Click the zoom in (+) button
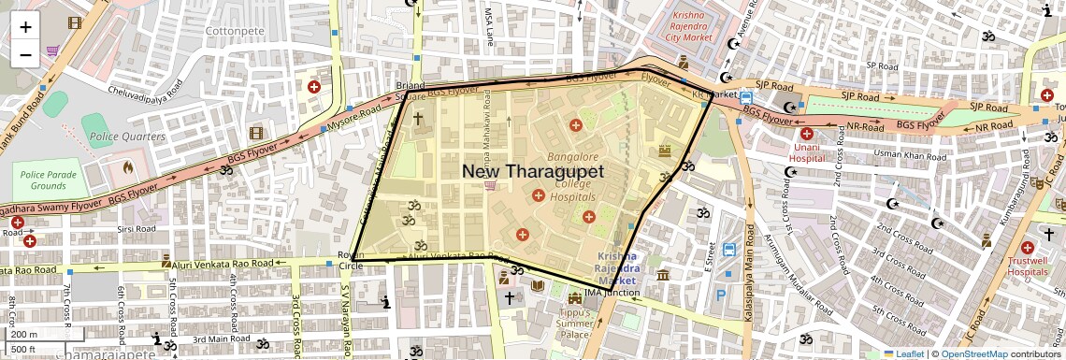point(25,27)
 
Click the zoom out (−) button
point(25,55)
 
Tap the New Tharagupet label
point(533,171)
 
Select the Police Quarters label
point(127,137)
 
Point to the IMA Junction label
point(612,293)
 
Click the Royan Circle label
point(351,261)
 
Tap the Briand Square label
point(411,91)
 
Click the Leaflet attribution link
point(903,353)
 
